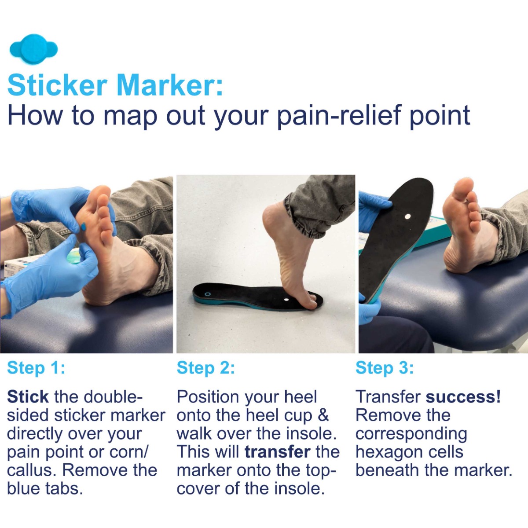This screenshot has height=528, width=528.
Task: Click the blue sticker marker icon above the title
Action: (x=34, y=49)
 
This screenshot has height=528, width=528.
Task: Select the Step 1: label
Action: (x=36, y=368)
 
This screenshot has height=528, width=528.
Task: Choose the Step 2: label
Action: (x=206, y=368)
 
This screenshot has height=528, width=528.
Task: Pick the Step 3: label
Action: (x=385, y=368)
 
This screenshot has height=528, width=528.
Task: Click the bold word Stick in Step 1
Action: (x=28, y=396)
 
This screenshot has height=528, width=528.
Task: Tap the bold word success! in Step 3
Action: (x=463, y=396)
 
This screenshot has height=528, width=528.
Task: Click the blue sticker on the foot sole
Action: (x=83, y=227)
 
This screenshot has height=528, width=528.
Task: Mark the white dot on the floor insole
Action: (x=286, y=300)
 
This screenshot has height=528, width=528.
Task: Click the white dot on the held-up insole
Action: (x=407, y=216)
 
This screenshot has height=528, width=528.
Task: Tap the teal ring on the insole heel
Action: (x=208, y=294)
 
